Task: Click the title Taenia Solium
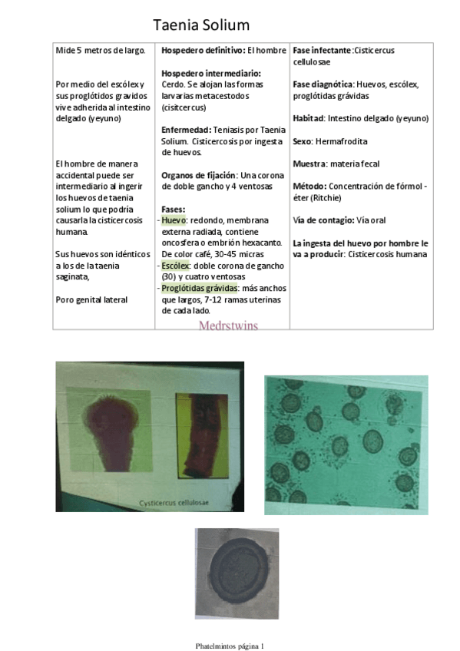[201, 25]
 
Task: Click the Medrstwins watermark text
[228, 325]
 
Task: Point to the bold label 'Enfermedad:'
[187, 130]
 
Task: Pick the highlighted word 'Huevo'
[174, 220]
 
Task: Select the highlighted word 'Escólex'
[176, 265]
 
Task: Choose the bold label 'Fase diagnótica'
[323, 84]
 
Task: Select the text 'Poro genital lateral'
[91, 299]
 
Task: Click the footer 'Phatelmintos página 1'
[230, 646]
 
